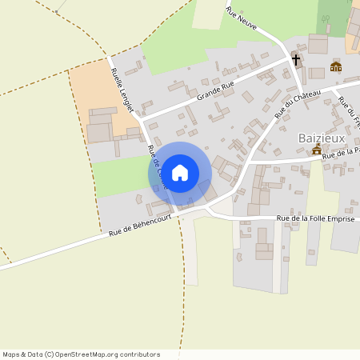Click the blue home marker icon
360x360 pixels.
coord(180,172)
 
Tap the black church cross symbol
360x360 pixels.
coord(295,60)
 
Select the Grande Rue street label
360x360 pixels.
coord(215,92)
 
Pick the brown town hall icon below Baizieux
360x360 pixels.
coord(317,150)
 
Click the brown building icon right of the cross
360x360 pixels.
coord(335,67)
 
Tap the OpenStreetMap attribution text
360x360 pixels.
coord(80,354)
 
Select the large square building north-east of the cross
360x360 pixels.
coord(318,44)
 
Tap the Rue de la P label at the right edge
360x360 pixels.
coord(340,153)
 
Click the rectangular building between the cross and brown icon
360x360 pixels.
coord(316,73)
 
